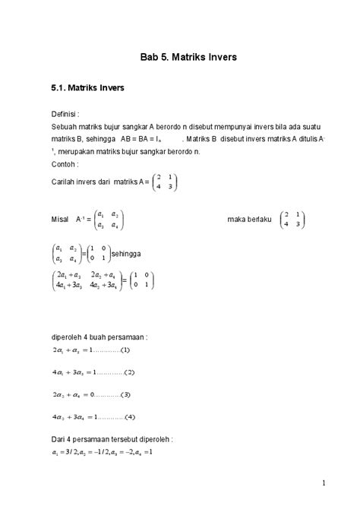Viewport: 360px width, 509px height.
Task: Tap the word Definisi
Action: click(x=65, y=113)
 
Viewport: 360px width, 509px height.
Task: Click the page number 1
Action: click(x=324, y=484)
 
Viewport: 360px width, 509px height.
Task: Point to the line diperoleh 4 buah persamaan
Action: click(x=99, y=337)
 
